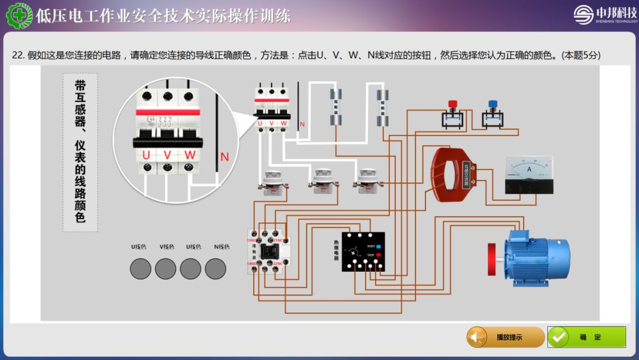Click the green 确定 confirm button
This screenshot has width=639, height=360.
click(586, 337)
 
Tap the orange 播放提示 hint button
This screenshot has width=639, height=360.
click(505, 337)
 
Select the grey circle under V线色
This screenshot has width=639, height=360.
click(166, 269)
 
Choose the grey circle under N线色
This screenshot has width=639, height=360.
click(215, 269)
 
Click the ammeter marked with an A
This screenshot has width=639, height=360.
click(529, 175)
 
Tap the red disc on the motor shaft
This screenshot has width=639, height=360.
click(491, 259)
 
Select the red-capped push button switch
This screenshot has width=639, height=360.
click(453, 114)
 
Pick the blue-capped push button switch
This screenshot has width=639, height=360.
click(492, 114)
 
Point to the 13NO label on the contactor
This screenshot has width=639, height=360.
click(252, 240)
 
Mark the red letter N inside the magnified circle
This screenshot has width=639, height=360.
click(224, 157)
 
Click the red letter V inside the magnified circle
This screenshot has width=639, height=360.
click(167, 155)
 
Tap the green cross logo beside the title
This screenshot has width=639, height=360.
click(19, 15)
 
